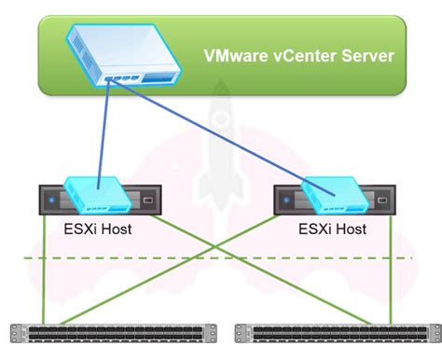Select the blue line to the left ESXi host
point(101,131)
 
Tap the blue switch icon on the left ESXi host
point(95,195)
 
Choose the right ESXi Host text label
point(331,228)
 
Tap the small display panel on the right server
point(382,199)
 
